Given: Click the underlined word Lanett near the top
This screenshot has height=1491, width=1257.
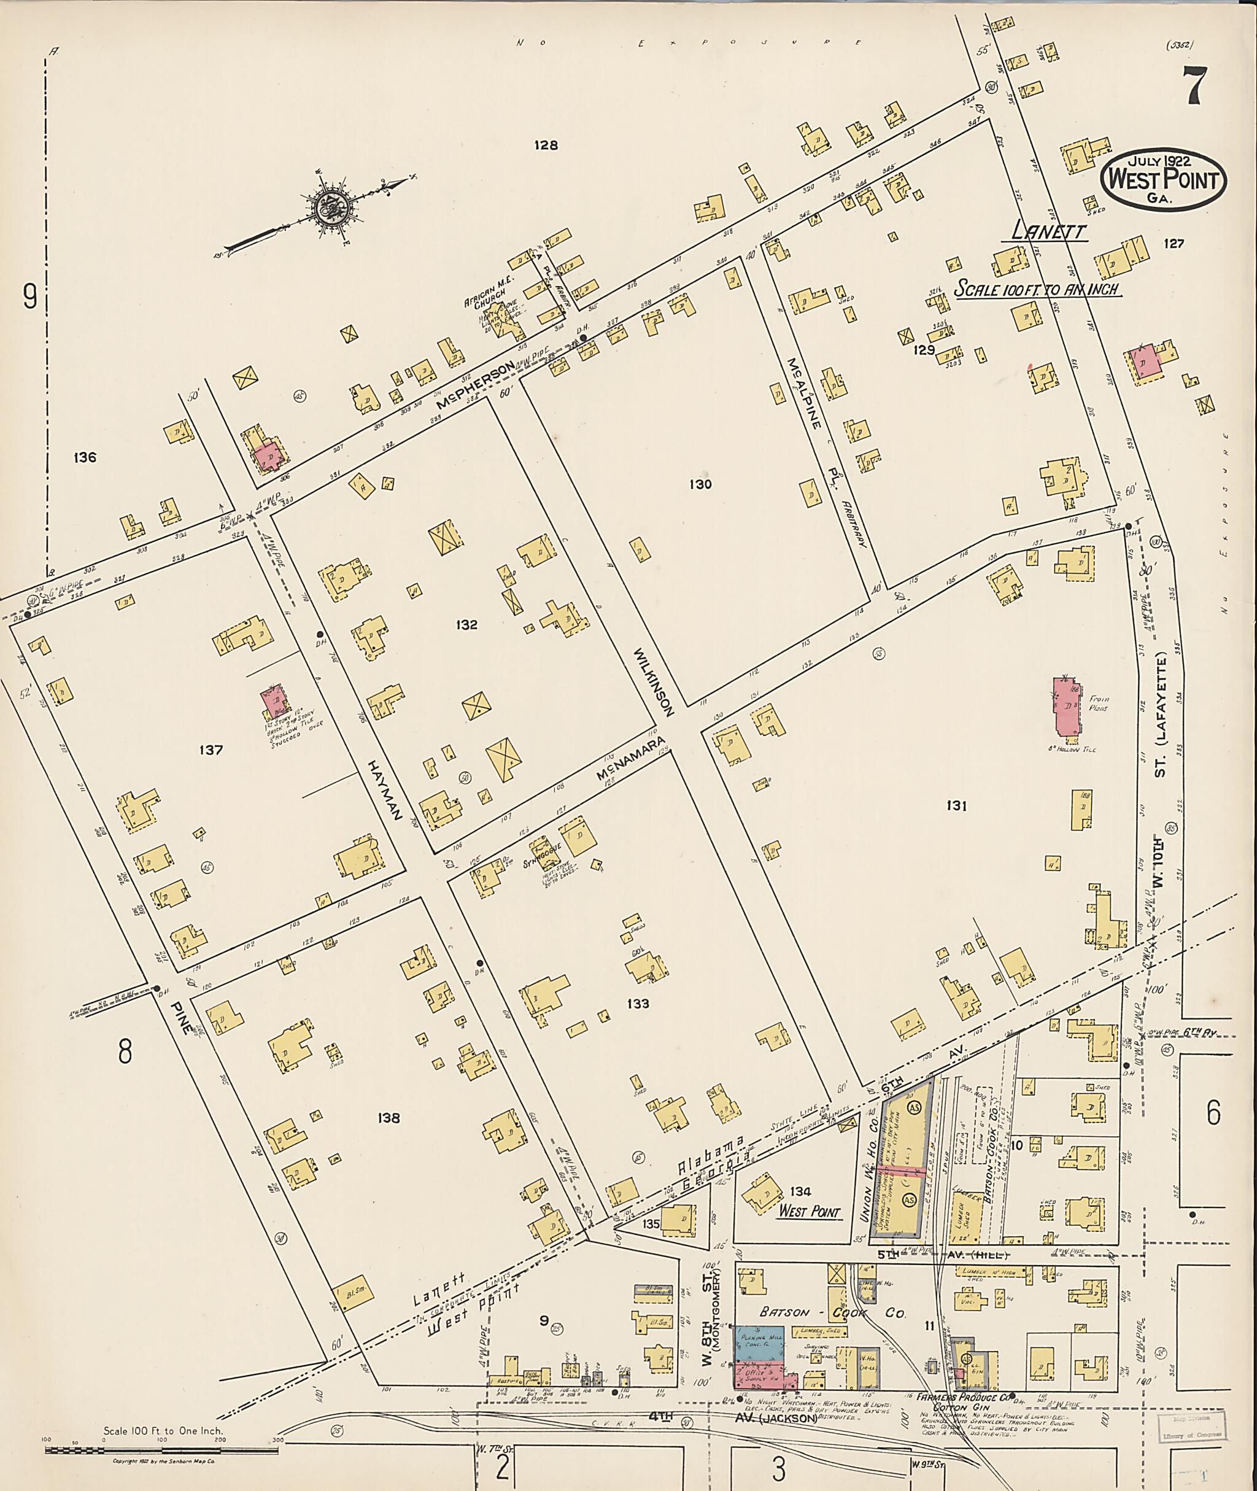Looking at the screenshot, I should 1049,233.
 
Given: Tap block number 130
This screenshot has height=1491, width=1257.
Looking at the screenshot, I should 700,485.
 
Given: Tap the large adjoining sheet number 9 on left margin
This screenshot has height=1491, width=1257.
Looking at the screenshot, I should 30,296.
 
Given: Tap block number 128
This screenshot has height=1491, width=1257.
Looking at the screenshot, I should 546,145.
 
